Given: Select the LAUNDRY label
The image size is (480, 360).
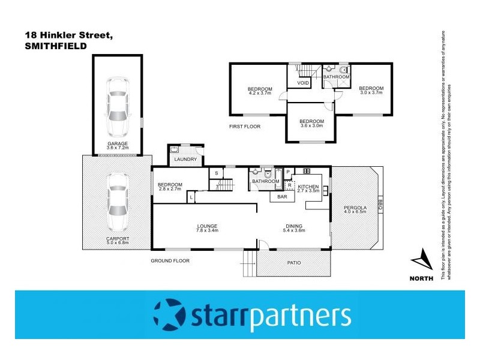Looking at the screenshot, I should coord(185,160).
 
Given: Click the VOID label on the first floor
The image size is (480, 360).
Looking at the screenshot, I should coord(303,83).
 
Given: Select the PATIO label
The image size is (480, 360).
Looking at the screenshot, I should coord(293,263).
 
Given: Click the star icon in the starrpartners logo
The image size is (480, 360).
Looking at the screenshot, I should coord(171,314).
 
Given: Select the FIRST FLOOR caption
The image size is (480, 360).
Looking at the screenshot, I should coord(245,126).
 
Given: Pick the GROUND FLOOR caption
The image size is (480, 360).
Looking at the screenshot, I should coord(170,261).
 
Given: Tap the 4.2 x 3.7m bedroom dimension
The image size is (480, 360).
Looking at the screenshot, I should coord(260,94).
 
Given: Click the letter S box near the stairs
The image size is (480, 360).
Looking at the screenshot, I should coord(216,173).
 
